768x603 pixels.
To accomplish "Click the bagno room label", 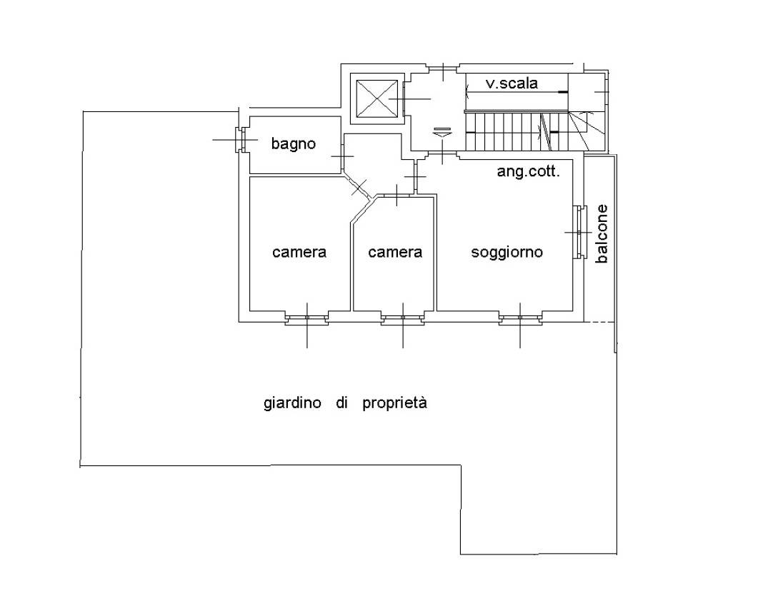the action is pos(294,143).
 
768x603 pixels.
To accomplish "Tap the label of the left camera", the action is pos(299,253).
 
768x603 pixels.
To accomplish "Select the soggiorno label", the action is pos(507,253).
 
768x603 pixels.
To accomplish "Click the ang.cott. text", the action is pos(528,172).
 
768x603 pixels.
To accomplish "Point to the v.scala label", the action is pos(512,83).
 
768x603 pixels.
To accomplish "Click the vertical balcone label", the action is pos(602,234).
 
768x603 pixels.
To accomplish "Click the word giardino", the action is pos(292,403).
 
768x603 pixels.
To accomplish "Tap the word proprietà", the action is pos(395,403).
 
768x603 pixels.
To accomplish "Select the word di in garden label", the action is pos(341,402).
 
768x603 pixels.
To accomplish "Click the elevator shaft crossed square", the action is pos(376,98).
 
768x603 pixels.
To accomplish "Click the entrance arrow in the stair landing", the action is pos(442,131).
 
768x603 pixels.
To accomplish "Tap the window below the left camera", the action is pos(307,320).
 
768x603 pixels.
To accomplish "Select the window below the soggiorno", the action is pos(520,320).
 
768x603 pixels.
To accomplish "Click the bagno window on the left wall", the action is pos(240,140).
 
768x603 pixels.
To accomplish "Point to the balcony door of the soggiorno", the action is pos(579,233).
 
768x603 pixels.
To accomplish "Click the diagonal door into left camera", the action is pos(359,186).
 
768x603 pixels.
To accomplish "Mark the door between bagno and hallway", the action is pos(342,156).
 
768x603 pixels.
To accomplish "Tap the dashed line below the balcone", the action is pos(599,322).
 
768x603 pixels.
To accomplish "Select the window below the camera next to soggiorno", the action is pos(403,320).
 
